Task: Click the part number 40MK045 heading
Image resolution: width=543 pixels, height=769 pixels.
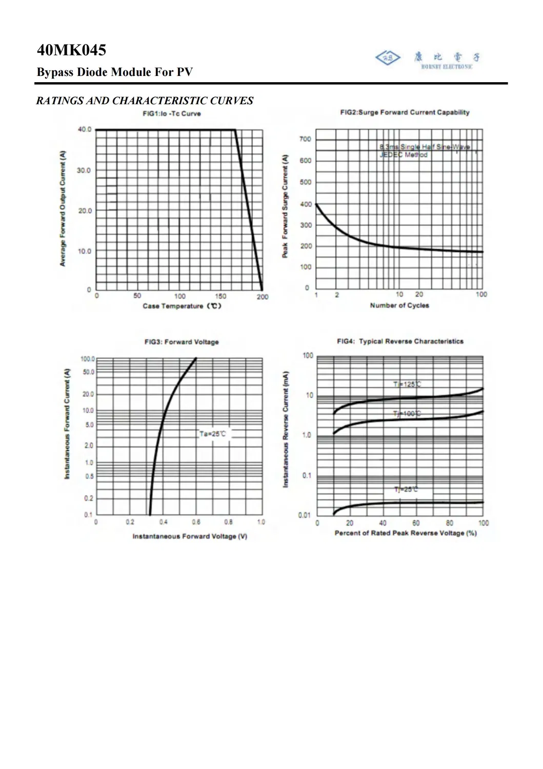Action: click(71, 50)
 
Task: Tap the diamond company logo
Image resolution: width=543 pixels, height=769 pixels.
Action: click(388, 57)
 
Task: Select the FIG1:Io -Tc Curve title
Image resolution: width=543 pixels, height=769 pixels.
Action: click(172, 113)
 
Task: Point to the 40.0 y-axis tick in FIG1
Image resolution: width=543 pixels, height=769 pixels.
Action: click(85, 129)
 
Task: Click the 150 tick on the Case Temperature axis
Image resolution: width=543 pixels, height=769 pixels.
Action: click(220, 296)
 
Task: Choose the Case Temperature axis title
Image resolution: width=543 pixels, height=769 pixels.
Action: click(182, 306)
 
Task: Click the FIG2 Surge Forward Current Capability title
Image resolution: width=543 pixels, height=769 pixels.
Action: click(405, 112)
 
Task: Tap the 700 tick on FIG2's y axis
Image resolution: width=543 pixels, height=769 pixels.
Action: click(305, 139)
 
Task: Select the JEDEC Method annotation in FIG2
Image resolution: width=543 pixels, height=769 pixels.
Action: click(404, 155)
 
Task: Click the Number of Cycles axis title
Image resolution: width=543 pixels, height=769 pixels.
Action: click(399, 305)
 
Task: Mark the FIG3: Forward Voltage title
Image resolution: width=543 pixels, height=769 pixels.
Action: click(182, 342)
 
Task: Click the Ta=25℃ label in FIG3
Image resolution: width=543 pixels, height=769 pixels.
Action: click(212, 434)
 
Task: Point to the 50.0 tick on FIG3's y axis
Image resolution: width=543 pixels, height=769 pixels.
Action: click(88, 372)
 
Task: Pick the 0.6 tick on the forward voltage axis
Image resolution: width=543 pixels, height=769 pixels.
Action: click(196, 522)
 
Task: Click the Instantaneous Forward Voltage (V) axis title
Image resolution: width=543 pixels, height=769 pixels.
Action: click(190, 536)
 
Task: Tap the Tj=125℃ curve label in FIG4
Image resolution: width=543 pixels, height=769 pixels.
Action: click(407, 384)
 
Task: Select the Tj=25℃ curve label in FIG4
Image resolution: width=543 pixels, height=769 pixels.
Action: click(406, 489)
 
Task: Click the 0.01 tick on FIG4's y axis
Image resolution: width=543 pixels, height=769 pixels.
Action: click(305, 515)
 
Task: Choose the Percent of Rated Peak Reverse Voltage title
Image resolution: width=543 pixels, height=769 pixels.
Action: click(406, 533)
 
